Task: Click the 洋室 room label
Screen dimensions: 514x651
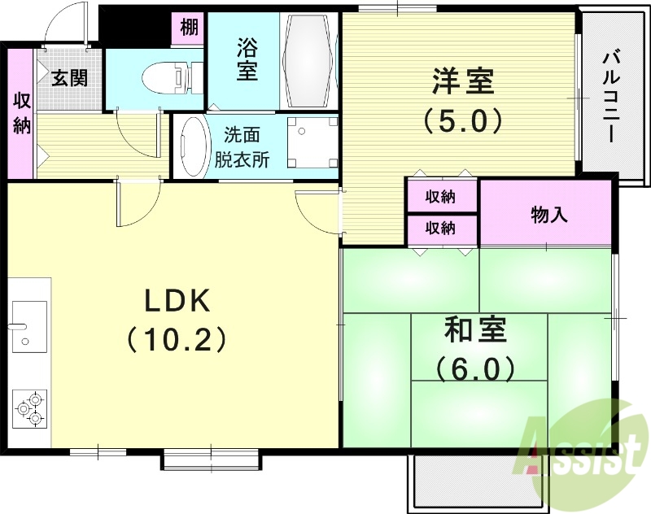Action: point(462,82)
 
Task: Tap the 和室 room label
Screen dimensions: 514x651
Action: point(475,331)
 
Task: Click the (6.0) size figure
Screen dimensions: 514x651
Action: point(475,370)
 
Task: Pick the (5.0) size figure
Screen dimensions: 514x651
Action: point(462,122)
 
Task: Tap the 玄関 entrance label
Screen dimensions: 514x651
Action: point(70,78)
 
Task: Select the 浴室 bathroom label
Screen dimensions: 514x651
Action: point(247,59)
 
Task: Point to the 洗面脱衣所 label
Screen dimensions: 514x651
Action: point(242,148)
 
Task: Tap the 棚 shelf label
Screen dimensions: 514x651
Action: point(189,28)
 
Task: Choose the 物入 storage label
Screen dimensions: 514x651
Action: point(549,215)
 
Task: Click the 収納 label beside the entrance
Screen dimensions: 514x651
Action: point(22,113)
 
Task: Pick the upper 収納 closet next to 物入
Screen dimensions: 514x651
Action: point(441,196)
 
